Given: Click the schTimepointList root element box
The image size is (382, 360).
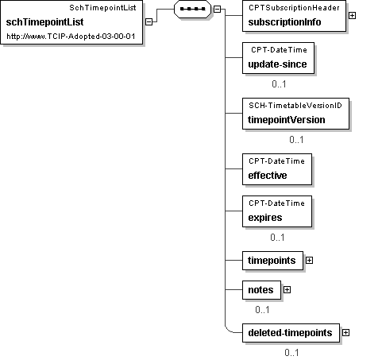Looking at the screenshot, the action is pos(71,22).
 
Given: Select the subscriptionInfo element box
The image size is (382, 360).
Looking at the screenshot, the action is pos(294,16).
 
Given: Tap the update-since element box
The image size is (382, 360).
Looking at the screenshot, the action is pos(278,58).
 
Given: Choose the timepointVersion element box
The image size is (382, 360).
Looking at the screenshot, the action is pos(295,114).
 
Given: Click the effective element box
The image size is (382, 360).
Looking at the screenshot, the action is pos(277,169).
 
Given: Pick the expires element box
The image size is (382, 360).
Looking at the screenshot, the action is pos(277,211).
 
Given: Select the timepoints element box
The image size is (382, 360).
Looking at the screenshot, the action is pos(272,261).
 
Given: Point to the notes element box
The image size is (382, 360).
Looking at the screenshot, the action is pos(261,290).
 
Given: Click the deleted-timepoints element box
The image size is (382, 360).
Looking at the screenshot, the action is pos(291,333).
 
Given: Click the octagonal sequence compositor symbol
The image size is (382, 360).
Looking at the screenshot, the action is pos(192,9).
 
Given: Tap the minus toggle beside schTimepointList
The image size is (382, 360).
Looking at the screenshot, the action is pos(149,22).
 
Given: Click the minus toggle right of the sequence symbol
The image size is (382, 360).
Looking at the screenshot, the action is pos(217,10).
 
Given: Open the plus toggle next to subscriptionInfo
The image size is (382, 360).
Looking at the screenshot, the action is pos(352,16).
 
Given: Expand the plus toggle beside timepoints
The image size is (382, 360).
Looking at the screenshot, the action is pos(309,261).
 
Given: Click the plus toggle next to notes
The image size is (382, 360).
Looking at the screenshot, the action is pos(287,290).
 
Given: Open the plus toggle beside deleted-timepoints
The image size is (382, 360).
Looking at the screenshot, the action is pos(345,333).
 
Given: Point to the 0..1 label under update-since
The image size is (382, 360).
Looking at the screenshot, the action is pos(279,84).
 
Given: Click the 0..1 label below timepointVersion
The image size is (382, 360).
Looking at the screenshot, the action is pos(296,140).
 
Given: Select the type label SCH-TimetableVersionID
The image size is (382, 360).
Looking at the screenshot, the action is pos(295,106).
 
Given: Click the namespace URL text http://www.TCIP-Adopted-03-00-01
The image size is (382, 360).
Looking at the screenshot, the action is pos(71,37).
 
